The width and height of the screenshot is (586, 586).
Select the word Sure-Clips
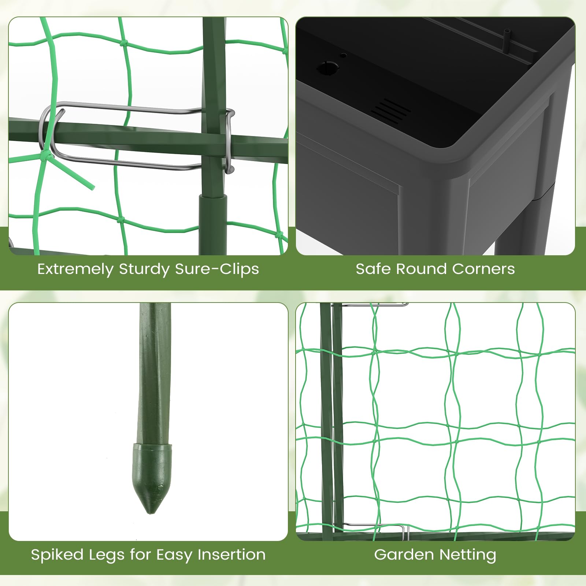tap(217, 269)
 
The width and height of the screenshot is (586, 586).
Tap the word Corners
tap(483, 269)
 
